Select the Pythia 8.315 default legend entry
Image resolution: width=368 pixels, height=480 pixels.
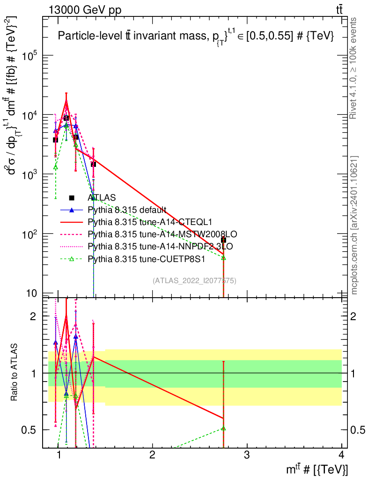[x=126, y=210]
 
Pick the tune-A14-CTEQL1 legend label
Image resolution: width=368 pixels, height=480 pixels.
[x=147, y=222]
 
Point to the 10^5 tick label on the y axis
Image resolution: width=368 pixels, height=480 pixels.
[x=29, y=56]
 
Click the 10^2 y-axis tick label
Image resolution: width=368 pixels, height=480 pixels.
[x=29, y=234]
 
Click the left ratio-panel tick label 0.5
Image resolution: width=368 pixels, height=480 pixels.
[x=30, y=430]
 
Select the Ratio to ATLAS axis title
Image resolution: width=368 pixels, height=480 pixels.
[x=15, y=373]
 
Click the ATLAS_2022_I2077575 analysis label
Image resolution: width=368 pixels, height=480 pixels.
[x=194, y=281]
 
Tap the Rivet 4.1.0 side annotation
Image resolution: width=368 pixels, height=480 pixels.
[x=354, y=68]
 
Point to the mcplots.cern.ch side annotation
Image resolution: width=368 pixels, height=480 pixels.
[x=354, y=225]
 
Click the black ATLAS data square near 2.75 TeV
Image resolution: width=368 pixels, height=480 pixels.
[x=223, y=240]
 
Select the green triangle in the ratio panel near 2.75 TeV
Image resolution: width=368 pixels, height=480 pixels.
[x=223, y=428]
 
